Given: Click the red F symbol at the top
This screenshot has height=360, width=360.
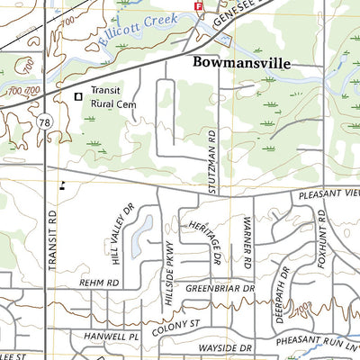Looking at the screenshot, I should [x=199, y=5].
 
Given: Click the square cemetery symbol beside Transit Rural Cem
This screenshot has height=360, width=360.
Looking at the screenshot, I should [x=78, y=95].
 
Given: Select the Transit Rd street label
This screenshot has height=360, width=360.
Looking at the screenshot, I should [x=52, y=242].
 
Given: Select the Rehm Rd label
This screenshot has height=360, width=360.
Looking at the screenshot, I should [x=100, y=283].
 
